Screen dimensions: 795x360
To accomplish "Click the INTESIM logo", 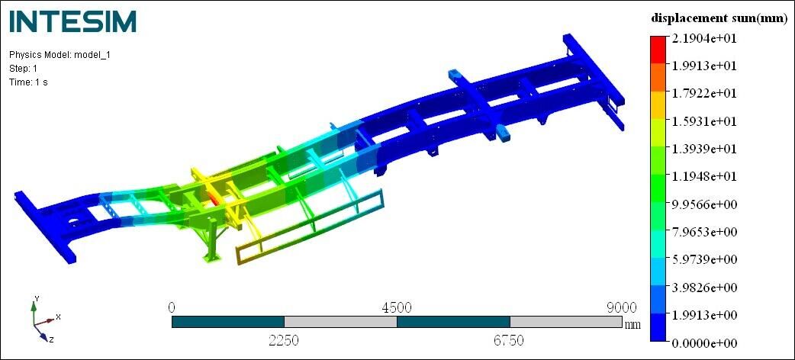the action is [73, 21].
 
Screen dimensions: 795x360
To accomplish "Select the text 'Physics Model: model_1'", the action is [60, 55].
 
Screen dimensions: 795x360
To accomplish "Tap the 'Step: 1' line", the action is [24, 69].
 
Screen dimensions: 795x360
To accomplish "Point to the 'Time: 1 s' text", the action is [28, 82].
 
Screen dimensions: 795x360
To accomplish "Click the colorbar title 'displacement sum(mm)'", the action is [719, 18].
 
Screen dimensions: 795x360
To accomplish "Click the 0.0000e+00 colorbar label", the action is [704, 343].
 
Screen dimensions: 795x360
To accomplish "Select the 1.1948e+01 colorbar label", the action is [704, 177].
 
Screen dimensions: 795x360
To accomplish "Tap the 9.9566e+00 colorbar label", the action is [704, 204].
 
